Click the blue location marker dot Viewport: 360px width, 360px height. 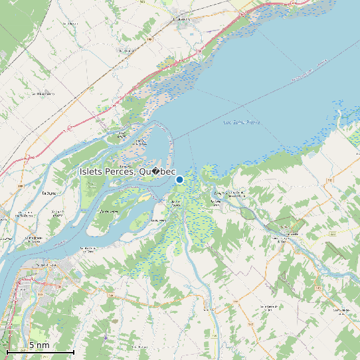[x=179, y=179]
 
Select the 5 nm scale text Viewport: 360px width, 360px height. [x=39, y=345]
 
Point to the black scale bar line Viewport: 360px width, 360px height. [x=40, y=351]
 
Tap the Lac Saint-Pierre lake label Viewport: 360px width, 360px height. [x=242, y=122]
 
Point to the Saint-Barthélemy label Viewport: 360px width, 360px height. [x=43, y=94]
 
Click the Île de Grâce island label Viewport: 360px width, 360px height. [x=109, y=211]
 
